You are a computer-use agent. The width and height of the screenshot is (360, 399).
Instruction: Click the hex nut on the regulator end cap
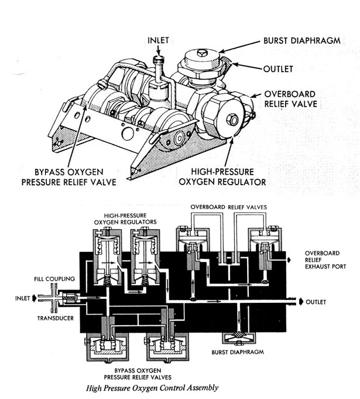(232, 120)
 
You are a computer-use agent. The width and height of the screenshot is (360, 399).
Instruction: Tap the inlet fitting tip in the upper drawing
(156, 60)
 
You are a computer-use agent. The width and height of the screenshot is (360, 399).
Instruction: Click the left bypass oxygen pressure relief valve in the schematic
(107, 346)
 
